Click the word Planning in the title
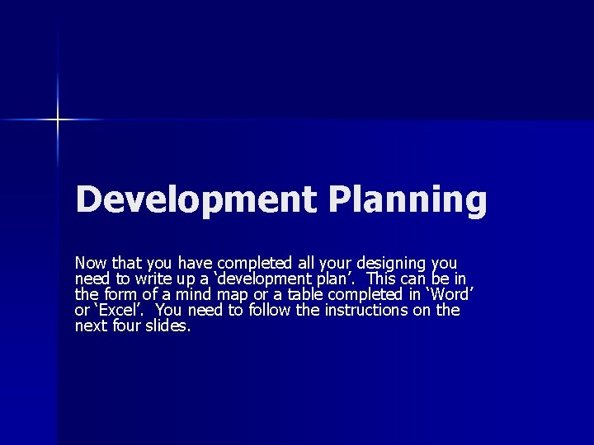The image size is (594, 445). click(x=408, y=200)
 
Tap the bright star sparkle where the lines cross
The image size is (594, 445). click(x=58, y=120)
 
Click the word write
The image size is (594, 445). click(x=153, y=279)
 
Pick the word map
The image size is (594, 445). click(x=232, y=294)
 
